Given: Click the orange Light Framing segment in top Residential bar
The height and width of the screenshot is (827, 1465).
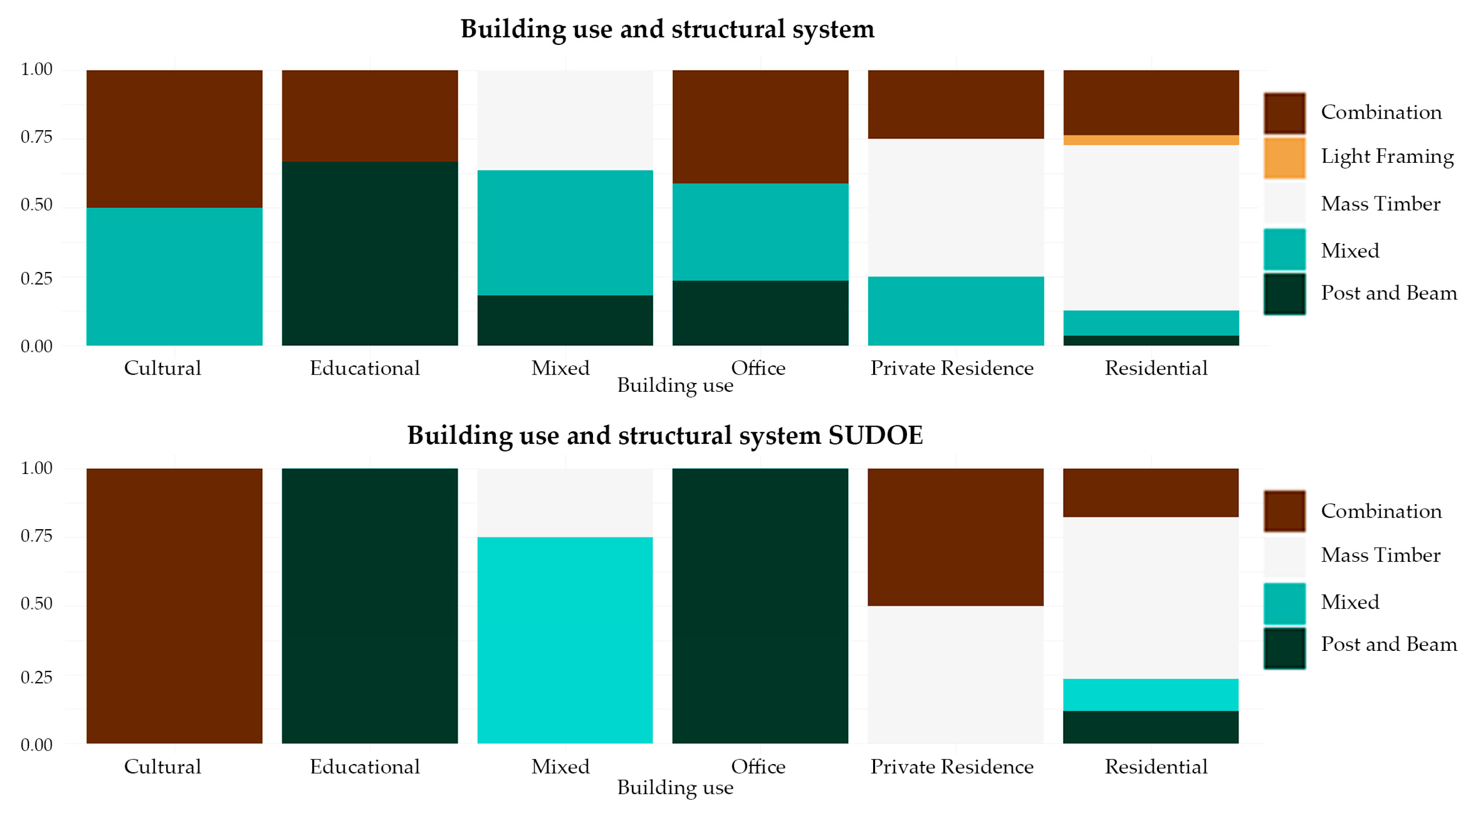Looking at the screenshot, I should pos(1151,140).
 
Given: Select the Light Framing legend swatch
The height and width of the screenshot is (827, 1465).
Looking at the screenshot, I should pos(1284,157).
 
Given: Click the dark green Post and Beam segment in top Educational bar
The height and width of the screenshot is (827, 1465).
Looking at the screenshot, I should pos(370,253).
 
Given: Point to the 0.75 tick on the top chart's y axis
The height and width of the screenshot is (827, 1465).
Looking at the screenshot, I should pos(37,137).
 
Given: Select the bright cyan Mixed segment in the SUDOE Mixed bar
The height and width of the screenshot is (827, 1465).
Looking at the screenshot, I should pos(565,640).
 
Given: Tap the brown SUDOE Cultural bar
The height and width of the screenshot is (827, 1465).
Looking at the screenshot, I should pos(174,606).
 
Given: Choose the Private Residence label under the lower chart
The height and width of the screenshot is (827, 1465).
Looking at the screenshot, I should pos(952,767).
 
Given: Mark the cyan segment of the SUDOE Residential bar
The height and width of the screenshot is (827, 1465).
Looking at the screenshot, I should pos(1151,695).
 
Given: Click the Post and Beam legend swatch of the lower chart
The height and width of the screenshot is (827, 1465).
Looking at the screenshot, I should pos(1284,648).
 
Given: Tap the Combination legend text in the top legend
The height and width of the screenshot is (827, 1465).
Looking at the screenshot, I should pos(1381,113).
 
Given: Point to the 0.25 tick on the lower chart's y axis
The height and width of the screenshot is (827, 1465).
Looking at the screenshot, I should pos(37,677).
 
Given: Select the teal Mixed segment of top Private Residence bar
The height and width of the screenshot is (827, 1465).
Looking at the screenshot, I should pos(955,311).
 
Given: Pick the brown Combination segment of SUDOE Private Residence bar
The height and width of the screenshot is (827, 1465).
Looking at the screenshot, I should pos(955,537).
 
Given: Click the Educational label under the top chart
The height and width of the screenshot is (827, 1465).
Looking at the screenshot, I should pos(365,368).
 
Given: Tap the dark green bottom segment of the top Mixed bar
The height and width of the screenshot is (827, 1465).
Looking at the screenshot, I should pos(565,320).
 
